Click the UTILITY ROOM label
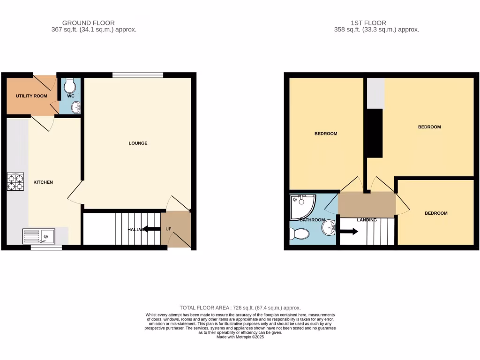[x=31, y=96]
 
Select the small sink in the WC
[x=75, y=108]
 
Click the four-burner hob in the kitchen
[x=15, y=182]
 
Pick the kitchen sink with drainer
[x=38, y=236]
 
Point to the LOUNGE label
[x=138, y=143]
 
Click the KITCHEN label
[x=43, y=182]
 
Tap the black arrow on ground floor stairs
[x=151, y=229]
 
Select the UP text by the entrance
[x=168, y=229]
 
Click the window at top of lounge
[x=138, y=75]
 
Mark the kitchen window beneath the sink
[x=46, y=247]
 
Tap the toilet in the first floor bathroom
[x=300, y=233]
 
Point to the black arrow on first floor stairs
[x=349, y=232]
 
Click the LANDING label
[x=367, y=219]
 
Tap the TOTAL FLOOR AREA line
[x=240, y=307]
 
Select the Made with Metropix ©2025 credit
[x=240, y=337]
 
